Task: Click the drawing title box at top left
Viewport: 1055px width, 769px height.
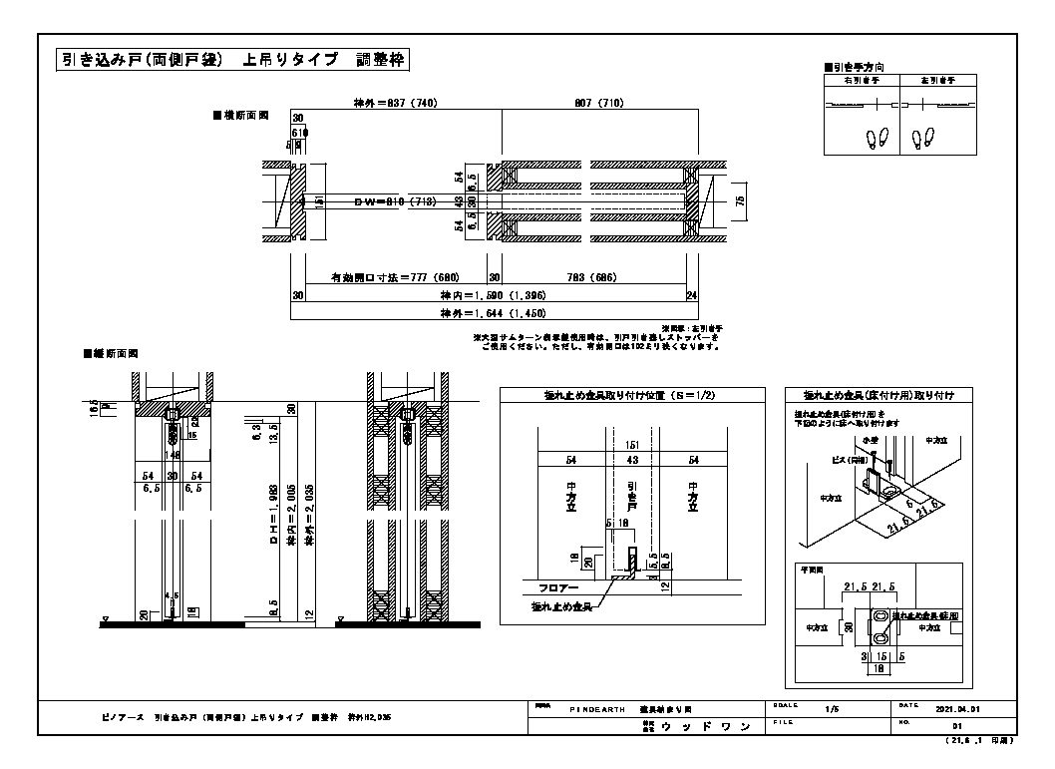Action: click(x=232, y=60)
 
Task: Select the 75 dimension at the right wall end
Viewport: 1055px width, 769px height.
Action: click(x=741, y=200)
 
